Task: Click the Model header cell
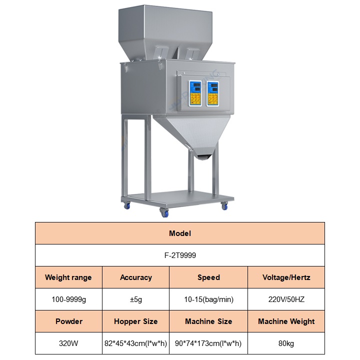[x=180, y=233]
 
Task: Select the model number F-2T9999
[x=180, y=255]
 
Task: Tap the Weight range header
[x=68, y=277]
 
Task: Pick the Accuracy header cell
[x=135, y=277]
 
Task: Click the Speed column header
[x=208, y=277]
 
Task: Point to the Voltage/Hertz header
[x=286, y=277]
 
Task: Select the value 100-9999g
[x=68, y=299]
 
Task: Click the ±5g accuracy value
[x=135, y=299]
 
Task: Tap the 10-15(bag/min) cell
[x=208, y=299]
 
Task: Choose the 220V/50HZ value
[x=286, y=299]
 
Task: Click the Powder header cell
[x=68, y=321]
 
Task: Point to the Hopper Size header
[x=135, y=321]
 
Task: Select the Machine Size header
[x=208, y=321]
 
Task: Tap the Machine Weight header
[x=286, y=321]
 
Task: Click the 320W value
[x=68, y=343]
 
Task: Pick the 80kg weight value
[x=286, y=343]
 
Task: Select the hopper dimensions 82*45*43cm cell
[x=135, y=343]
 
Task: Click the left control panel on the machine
[x=195, y=93]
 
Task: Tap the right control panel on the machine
[x=212, y=93]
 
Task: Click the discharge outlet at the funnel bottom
[x=204, y=157]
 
